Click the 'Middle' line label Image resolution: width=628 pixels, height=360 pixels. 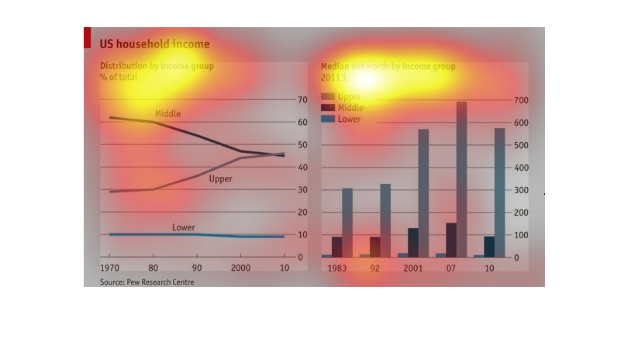pyautogui.click(x=167, y=114)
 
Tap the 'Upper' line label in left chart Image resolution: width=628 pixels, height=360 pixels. pyautogui.click(x=221, y=179)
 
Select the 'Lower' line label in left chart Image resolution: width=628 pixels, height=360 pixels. pyautogui.click(x=183, y=227)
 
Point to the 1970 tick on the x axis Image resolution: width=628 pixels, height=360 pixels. pyautogui.click(x=109, y=268)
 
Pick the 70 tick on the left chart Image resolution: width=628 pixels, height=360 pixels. pyautogui.click(x=302, y=101)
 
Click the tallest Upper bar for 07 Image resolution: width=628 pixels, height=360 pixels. pyautogui.click(x=461, y=178)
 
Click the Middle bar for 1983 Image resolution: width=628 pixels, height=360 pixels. pyautogui.click(x=336, y=247)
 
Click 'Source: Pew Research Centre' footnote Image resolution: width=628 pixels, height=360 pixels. pyautogui.click(x=147, y=282)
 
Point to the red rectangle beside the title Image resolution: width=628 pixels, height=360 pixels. pyautogui.click(x=87, y=37)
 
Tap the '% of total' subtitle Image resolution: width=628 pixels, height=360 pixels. pyautogui.click(x=118, y=78)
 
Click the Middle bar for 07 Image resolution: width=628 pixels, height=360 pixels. pyautogui.click(x=451, y=240)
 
